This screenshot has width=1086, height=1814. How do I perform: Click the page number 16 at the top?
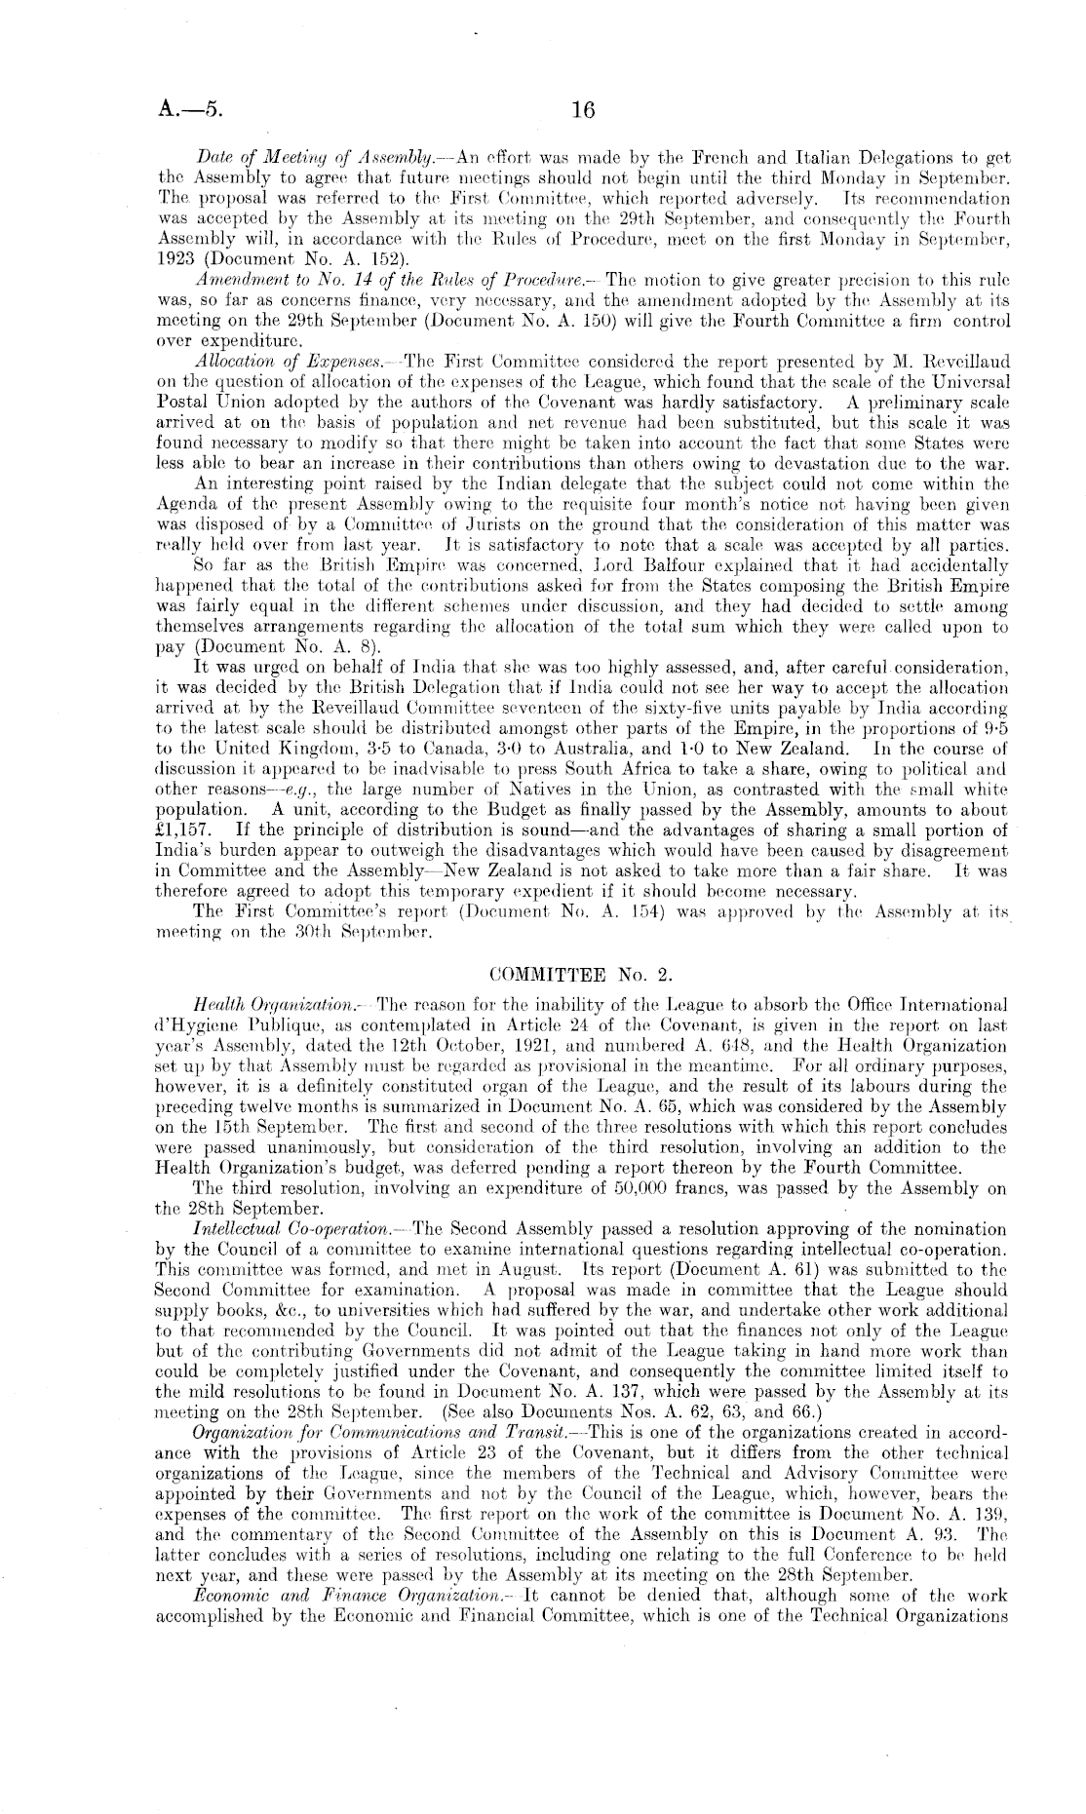point(583,110)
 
